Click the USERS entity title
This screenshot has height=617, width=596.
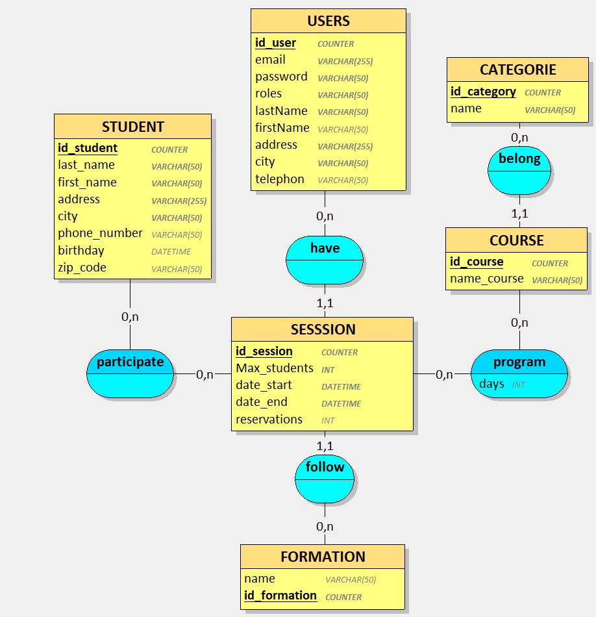[329, 21]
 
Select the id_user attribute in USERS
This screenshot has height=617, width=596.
[275, 43]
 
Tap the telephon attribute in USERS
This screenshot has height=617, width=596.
[279, 179]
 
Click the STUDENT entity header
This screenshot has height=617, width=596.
[133, 127]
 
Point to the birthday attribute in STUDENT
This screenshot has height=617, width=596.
[81, 251]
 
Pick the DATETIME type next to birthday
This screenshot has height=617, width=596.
[171, 252]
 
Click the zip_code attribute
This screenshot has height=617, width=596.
[82, 268]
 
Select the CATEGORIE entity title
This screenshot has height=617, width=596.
[517, 69]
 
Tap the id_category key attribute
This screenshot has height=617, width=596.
[483, 92]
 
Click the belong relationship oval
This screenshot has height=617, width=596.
[519, 170]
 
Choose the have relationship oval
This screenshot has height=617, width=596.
[325, 260]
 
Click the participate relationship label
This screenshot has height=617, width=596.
[130, 362]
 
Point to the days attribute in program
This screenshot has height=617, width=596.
[491, 384]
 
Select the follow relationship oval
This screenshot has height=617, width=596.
[325, 479]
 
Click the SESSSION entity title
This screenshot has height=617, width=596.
[323, 329]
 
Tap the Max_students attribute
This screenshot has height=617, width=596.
[275, 368]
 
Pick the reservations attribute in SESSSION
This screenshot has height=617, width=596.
[269, 420]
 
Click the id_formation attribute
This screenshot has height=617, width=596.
[280, 596]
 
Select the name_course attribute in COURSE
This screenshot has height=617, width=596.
[487, 279]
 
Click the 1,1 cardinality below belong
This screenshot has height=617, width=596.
[519, 213]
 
